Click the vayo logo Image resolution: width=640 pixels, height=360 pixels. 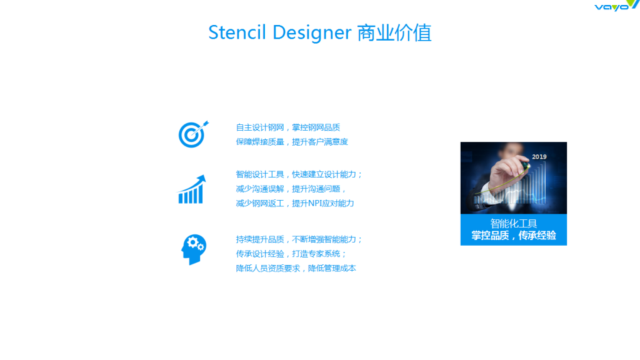pyautogui.click(x=616, y=5)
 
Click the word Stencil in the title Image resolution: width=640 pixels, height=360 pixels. pyautogui.click(x=237, y=32)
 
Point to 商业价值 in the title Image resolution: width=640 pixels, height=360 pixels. pyautogui.click(x=394, y=32)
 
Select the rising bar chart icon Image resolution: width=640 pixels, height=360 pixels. pyautogui.click(x=191, y=189)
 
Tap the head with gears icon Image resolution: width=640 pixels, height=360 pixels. pyautogui.click(x=194, y=249)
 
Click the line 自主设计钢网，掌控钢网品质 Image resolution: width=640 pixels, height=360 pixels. pyautogui.click(x=287, y=127)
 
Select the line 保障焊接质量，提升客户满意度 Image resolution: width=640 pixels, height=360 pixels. pyautogui.click(x=292, y=142)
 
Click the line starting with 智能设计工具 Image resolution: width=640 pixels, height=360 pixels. pyautogui.click(x=299, y=174)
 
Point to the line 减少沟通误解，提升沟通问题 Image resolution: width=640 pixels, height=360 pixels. pyautogui.click(x=291, y=189)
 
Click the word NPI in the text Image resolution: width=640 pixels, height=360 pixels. pyautogui.click(x=315, y=203)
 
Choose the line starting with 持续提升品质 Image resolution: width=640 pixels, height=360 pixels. pyautogui.click(x=299, y=239)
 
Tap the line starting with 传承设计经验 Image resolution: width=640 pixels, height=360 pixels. pyautogui.click(x=291, y=254)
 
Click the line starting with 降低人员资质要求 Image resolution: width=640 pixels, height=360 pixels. pyautogui.click(x=296, y=268)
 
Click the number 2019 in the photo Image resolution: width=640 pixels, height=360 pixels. pyautogui.click(x=539, y=157)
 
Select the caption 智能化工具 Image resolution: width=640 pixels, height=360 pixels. pyautogui.click(x=514, y=223)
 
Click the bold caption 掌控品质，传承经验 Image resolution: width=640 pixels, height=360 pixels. pyautogui.click(x=514, y=236)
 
